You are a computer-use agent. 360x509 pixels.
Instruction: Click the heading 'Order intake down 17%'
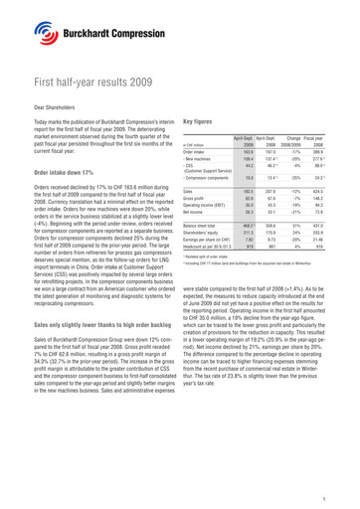67,187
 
